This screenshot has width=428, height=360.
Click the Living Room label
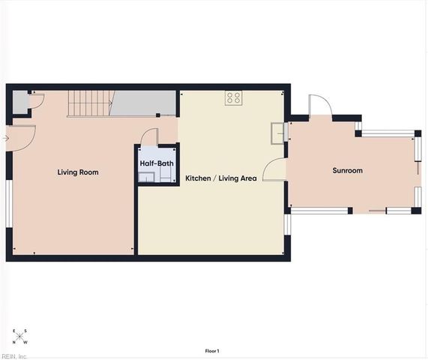78,172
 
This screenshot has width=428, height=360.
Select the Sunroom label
347,171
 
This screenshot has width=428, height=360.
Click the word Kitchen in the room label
199,178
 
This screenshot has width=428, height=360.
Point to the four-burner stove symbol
234,97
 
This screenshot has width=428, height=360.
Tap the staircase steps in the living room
88,103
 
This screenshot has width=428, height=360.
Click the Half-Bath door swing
151,137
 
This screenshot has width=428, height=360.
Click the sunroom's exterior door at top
319,106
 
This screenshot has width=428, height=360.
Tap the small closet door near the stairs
37,102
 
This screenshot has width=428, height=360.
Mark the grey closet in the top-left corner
20,100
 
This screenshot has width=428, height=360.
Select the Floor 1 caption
213,351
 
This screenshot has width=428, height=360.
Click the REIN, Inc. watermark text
15,356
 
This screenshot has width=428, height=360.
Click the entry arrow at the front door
7,138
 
